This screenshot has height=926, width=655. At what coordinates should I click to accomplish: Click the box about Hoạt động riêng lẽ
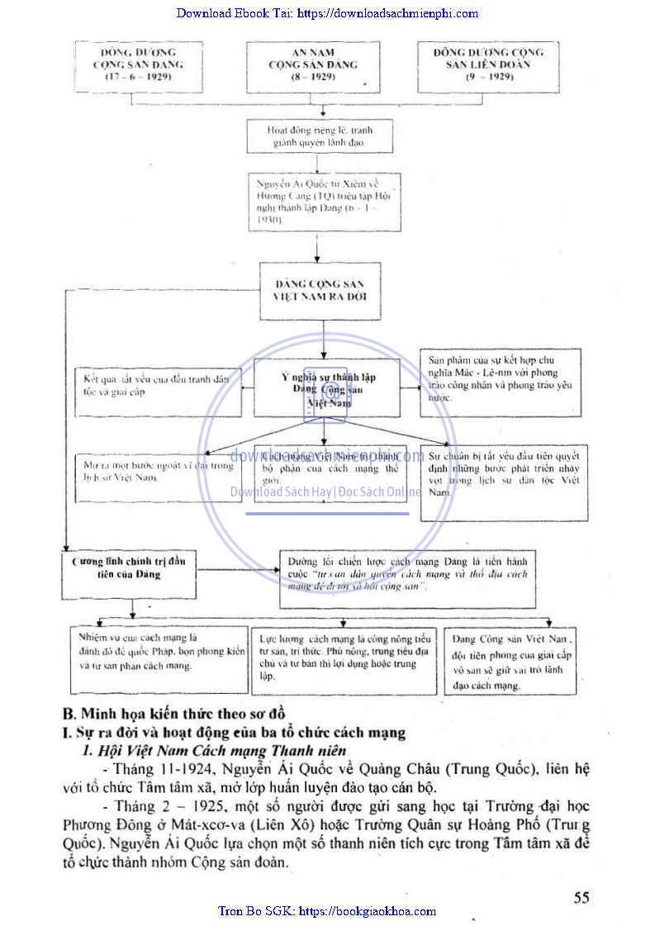[320, 136]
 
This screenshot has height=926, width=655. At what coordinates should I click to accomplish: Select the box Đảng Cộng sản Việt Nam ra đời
[320, 290]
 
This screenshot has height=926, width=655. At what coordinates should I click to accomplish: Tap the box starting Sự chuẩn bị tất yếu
[503, 483]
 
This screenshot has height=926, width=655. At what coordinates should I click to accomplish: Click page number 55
[581, 898]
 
